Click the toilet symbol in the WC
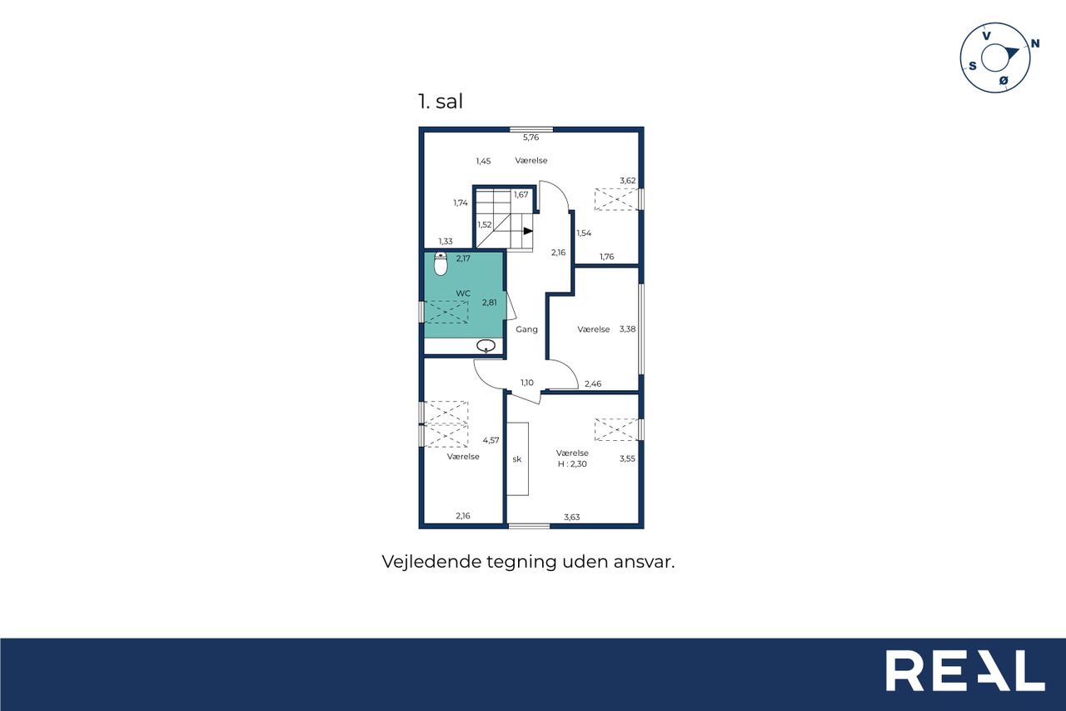click(441, 264)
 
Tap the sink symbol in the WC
click(486, 346)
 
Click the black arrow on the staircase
click(528, 231)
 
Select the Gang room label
click(527, 329)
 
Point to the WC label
click(463, 293)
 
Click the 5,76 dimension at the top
click(531, 138)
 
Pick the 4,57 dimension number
click(491, 440)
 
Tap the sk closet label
click(517, 459)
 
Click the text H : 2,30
click(572, 463)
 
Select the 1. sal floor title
click(441, 102)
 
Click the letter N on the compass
click(1035, 43)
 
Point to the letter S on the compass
click(973, 66)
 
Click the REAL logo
click(965, 670)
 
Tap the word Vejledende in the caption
click(431, 562)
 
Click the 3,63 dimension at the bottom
click(571, 517)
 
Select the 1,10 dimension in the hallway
click(527, 383)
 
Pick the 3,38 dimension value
click(627, 329)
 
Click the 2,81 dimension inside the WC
click(489, 303)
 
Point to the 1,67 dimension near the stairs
click(521, 195)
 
